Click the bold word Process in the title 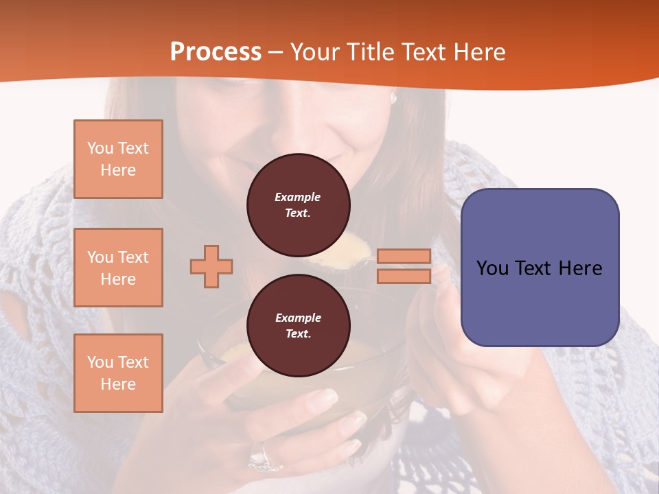pos(216,52)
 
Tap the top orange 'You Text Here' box pos(118,159)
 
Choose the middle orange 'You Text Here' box pos(118,268)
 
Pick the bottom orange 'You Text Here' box pos(118,373)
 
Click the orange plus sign pos(211,266)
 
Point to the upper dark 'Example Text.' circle pos(298,205)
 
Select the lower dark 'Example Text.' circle pos(298,325)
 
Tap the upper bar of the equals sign pos(404,257)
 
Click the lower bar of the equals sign pos(404,276)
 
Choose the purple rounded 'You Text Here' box pos(540,267)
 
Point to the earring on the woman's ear pos(393,99)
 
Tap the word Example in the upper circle pos(298,197)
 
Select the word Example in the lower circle pos(298,318)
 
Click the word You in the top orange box pos(100,148)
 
